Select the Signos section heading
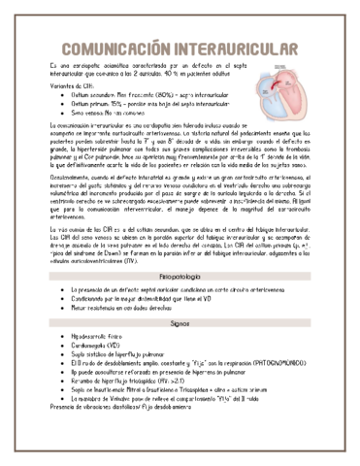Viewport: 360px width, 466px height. click(180, 327)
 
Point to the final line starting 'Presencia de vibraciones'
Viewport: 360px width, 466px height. click(116, 417)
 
